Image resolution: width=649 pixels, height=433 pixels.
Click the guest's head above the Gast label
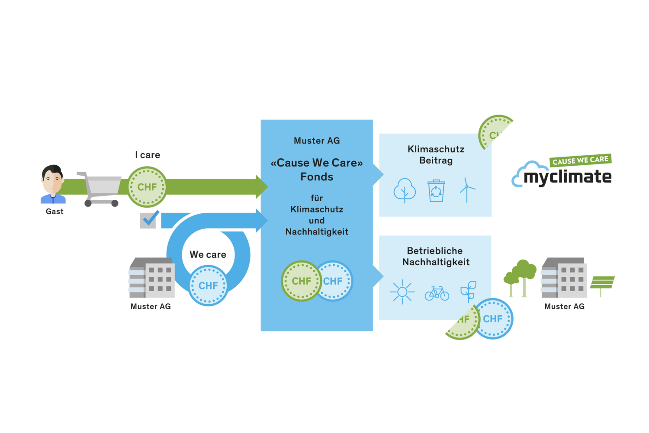[53, 179]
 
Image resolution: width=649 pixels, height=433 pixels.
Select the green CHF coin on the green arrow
[147, 187]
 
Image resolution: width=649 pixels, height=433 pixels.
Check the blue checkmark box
[148, 220]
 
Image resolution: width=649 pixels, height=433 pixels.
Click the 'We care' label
[208, 255]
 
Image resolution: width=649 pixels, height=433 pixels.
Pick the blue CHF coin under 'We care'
[208, 286]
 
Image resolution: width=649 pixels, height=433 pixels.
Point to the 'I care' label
[148, 155]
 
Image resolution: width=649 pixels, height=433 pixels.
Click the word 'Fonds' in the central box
[317, 177]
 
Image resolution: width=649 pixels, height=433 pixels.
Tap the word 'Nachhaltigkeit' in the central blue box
[317, 232]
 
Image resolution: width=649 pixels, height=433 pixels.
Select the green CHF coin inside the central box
[301, 281]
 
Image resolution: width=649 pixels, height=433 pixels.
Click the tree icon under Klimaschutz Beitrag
[405, 190]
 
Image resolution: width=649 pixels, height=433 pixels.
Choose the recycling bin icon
[436, 191]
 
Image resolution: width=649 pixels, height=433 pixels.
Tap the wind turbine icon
[467, 190]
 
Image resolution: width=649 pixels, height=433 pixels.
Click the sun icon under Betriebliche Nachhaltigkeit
[402, 292]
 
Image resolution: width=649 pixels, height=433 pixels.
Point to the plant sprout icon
[468, 291]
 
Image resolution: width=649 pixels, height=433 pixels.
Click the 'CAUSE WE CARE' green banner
[580, 160]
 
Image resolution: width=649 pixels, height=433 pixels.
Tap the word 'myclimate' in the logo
[567, 177]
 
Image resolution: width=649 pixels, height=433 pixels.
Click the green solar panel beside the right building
[602, 282]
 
